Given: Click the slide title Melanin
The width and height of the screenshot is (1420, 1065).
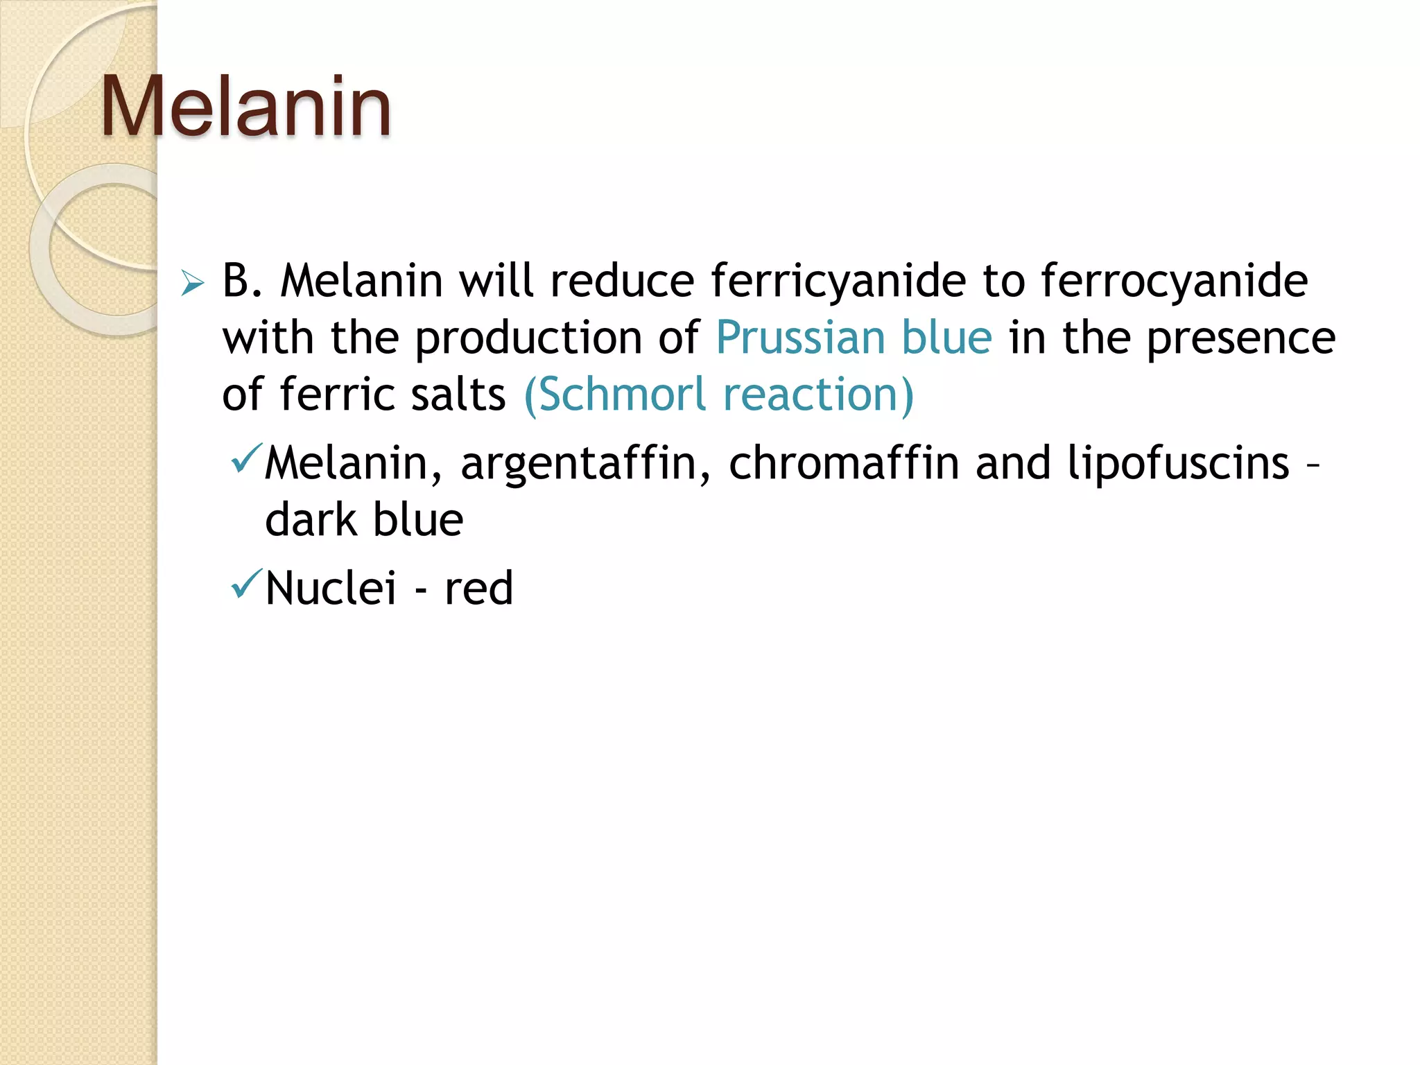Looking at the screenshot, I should point(246,107).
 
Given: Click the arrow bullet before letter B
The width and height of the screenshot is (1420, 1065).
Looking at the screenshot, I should point(192,284).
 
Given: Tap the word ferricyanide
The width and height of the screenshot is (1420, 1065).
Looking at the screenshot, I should point(838,282).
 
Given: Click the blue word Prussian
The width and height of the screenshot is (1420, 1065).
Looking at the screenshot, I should point(800,338).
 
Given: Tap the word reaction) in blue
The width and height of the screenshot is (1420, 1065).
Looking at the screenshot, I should point(818,395).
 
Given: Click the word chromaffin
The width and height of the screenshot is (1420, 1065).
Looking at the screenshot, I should point(844,464).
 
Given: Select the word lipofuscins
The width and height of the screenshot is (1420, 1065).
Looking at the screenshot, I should point(1178,464).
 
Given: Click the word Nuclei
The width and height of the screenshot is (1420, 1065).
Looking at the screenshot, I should point(331,589).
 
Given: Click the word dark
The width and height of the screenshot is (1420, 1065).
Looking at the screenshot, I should point(310,520).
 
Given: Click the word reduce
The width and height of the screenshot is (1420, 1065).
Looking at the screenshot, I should point(622,282).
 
